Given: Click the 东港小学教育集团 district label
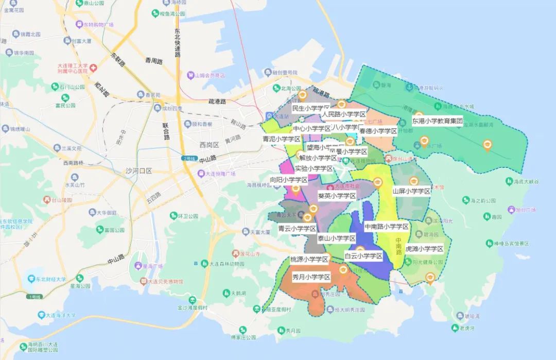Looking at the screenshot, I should (437, 121).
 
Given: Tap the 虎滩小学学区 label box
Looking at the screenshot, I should (424, 249).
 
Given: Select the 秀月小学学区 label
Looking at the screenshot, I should (311, 277).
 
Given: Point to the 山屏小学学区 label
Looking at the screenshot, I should (411, 191).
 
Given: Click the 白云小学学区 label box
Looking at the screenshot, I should (363, 256).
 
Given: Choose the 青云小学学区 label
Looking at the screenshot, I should (297, 229).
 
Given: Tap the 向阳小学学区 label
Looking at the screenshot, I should (289, 180).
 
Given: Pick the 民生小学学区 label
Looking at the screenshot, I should (310, 109).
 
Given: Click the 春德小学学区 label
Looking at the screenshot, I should (378, 131).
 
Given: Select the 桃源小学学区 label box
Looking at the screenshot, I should (309, 259).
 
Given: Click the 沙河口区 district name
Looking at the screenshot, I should (138, 170).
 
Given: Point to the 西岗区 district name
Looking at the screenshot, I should (210, 145).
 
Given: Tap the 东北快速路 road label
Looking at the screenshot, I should (178, 43).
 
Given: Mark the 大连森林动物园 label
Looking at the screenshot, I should (230, 264).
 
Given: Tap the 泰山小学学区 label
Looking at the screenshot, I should (337, 238).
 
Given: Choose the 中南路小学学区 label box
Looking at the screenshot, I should (386, 227).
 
